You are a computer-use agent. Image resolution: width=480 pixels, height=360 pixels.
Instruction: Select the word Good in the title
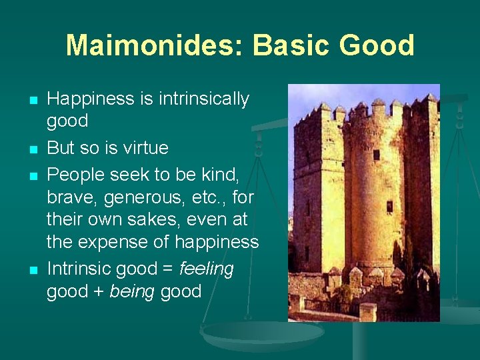[377, 45]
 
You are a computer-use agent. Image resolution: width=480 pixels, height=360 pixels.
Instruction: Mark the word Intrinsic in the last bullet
[79, 269]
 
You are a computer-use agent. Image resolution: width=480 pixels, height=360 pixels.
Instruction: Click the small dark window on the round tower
[389, 206]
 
